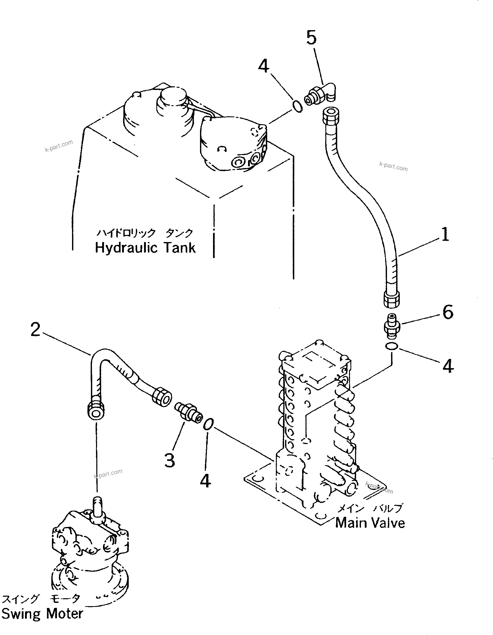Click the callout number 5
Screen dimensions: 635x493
pyautogui.click(x=311, y=38)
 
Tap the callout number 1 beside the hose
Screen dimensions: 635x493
pyautogui.click(x=445, y=234)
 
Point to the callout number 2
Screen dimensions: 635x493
pyautogui.click(x=36, y=330)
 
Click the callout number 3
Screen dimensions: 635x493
pyautogui.click(x=170, y=461)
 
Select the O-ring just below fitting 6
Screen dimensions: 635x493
pyautogui.click(x=392, y=346)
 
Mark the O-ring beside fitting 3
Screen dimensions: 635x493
pyautogui.click(x=208, y=424)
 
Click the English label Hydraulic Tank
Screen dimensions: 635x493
pyautogui.click(x=145, y=248)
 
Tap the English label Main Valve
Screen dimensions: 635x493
pyautogui.click(x=370, y=523)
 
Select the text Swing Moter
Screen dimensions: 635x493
pyautogui.click(x=42, y=614)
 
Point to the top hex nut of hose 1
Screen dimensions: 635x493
pyautogui.click(x=331, y=115)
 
